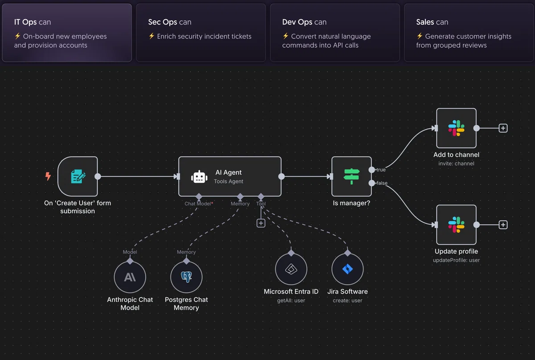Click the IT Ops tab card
coord(67,33)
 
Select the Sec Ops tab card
coord(201,33)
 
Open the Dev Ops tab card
coord(335,33)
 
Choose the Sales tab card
coord(469,33)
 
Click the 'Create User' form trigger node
coord(78,176)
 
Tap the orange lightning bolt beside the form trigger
coord(48,176)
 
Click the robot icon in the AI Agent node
coord(199,177)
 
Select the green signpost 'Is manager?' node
coord(351,176)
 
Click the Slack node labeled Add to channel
coord(456,128)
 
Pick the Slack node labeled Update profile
coord(456,225)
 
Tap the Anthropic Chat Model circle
coord(130,277)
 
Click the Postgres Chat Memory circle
coord(186,277)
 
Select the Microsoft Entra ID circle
coord(291,270)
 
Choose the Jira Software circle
coord(347,270)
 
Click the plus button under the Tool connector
coord(261,223)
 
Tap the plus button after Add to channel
coord(503,128)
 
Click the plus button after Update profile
coord(503,225)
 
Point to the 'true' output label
coord(381,170)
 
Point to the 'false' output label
coord(382,183)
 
